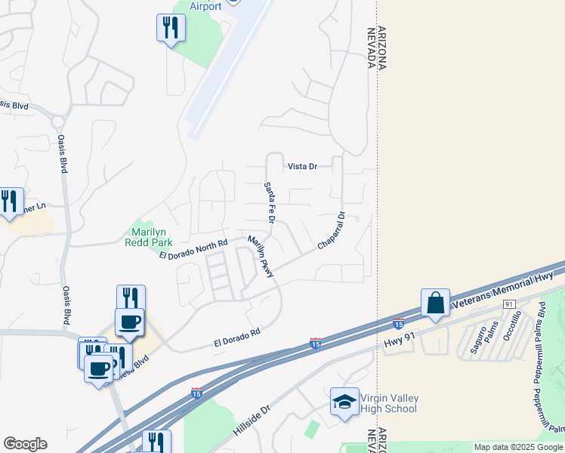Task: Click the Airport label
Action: tap(205, 6)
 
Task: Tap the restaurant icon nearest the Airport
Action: tap(171, 28)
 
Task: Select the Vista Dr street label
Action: tap(302, 166)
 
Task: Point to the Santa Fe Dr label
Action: tap(268, 202)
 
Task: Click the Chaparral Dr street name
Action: tap(331, 231)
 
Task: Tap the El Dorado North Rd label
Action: tap(193, 250)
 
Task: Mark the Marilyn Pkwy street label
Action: tap(261, 257)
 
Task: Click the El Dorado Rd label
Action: tap(236, 337)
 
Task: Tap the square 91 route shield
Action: tap(509, 304)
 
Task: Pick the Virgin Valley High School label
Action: tap(390, 404)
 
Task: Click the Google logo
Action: tap(25, 444)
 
